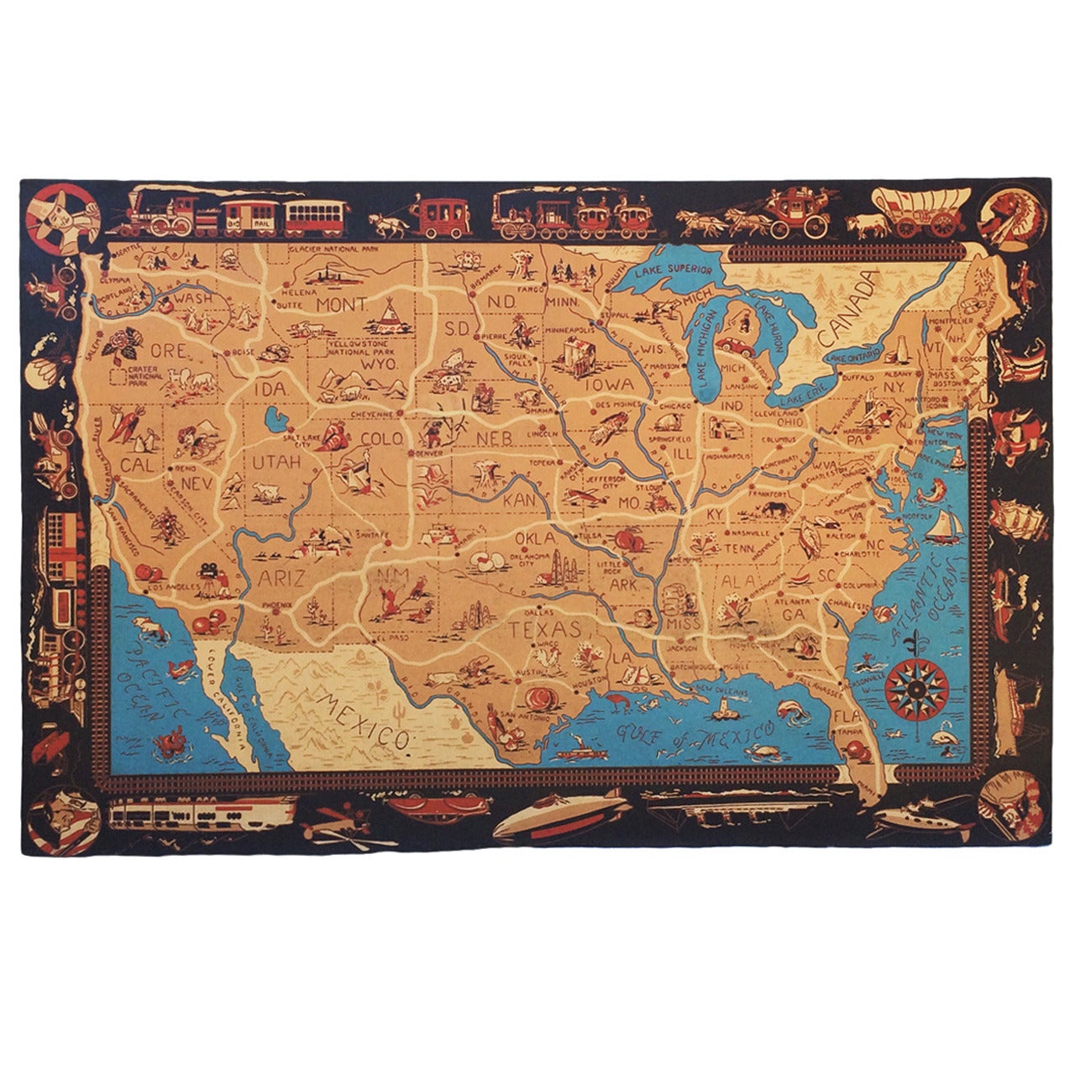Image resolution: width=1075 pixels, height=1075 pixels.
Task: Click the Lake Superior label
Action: (674, 271)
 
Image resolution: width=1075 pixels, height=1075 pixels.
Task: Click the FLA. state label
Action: (847, 718)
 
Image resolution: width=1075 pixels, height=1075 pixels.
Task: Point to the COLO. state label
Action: (382, 438)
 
